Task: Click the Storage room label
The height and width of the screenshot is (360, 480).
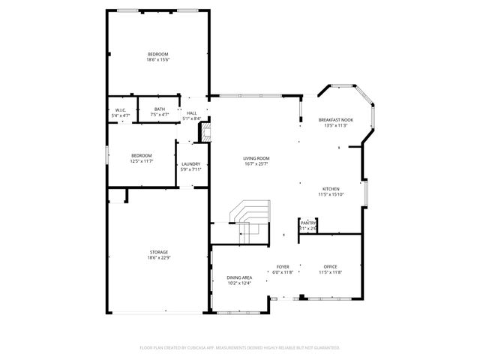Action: (x=157, y=252)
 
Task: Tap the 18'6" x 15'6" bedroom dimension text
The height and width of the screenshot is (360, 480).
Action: (x=157, y=60)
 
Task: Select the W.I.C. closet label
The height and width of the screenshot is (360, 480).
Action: (x=120, y=110)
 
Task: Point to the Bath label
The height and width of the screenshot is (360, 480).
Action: (x=160, y=109)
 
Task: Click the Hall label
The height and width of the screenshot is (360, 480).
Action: (x=192, y=112)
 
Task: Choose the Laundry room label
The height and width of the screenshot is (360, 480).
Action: (x=190, y=163)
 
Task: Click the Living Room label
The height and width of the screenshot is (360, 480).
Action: (x=256, y=158)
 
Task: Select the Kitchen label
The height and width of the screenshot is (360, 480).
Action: (x=331, y=189)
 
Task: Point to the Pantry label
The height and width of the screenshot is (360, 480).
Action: (x=308, y=223)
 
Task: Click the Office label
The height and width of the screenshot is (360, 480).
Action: (x=330, y=267)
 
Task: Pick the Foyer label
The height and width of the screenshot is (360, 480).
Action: (x=283, y=267)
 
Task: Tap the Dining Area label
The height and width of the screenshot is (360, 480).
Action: (x=239, y=277)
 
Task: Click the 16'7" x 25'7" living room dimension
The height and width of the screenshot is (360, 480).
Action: (x=256, y=164)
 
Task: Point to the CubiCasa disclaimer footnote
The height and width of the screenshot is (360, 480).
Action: (x=240, y=348)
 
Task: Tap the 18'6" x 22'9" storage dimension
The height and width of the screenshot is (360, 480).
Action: (x=157, y=258)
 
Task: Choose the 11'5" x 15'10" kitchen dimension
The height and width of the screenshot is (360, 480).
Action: (x=331, y=195)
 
